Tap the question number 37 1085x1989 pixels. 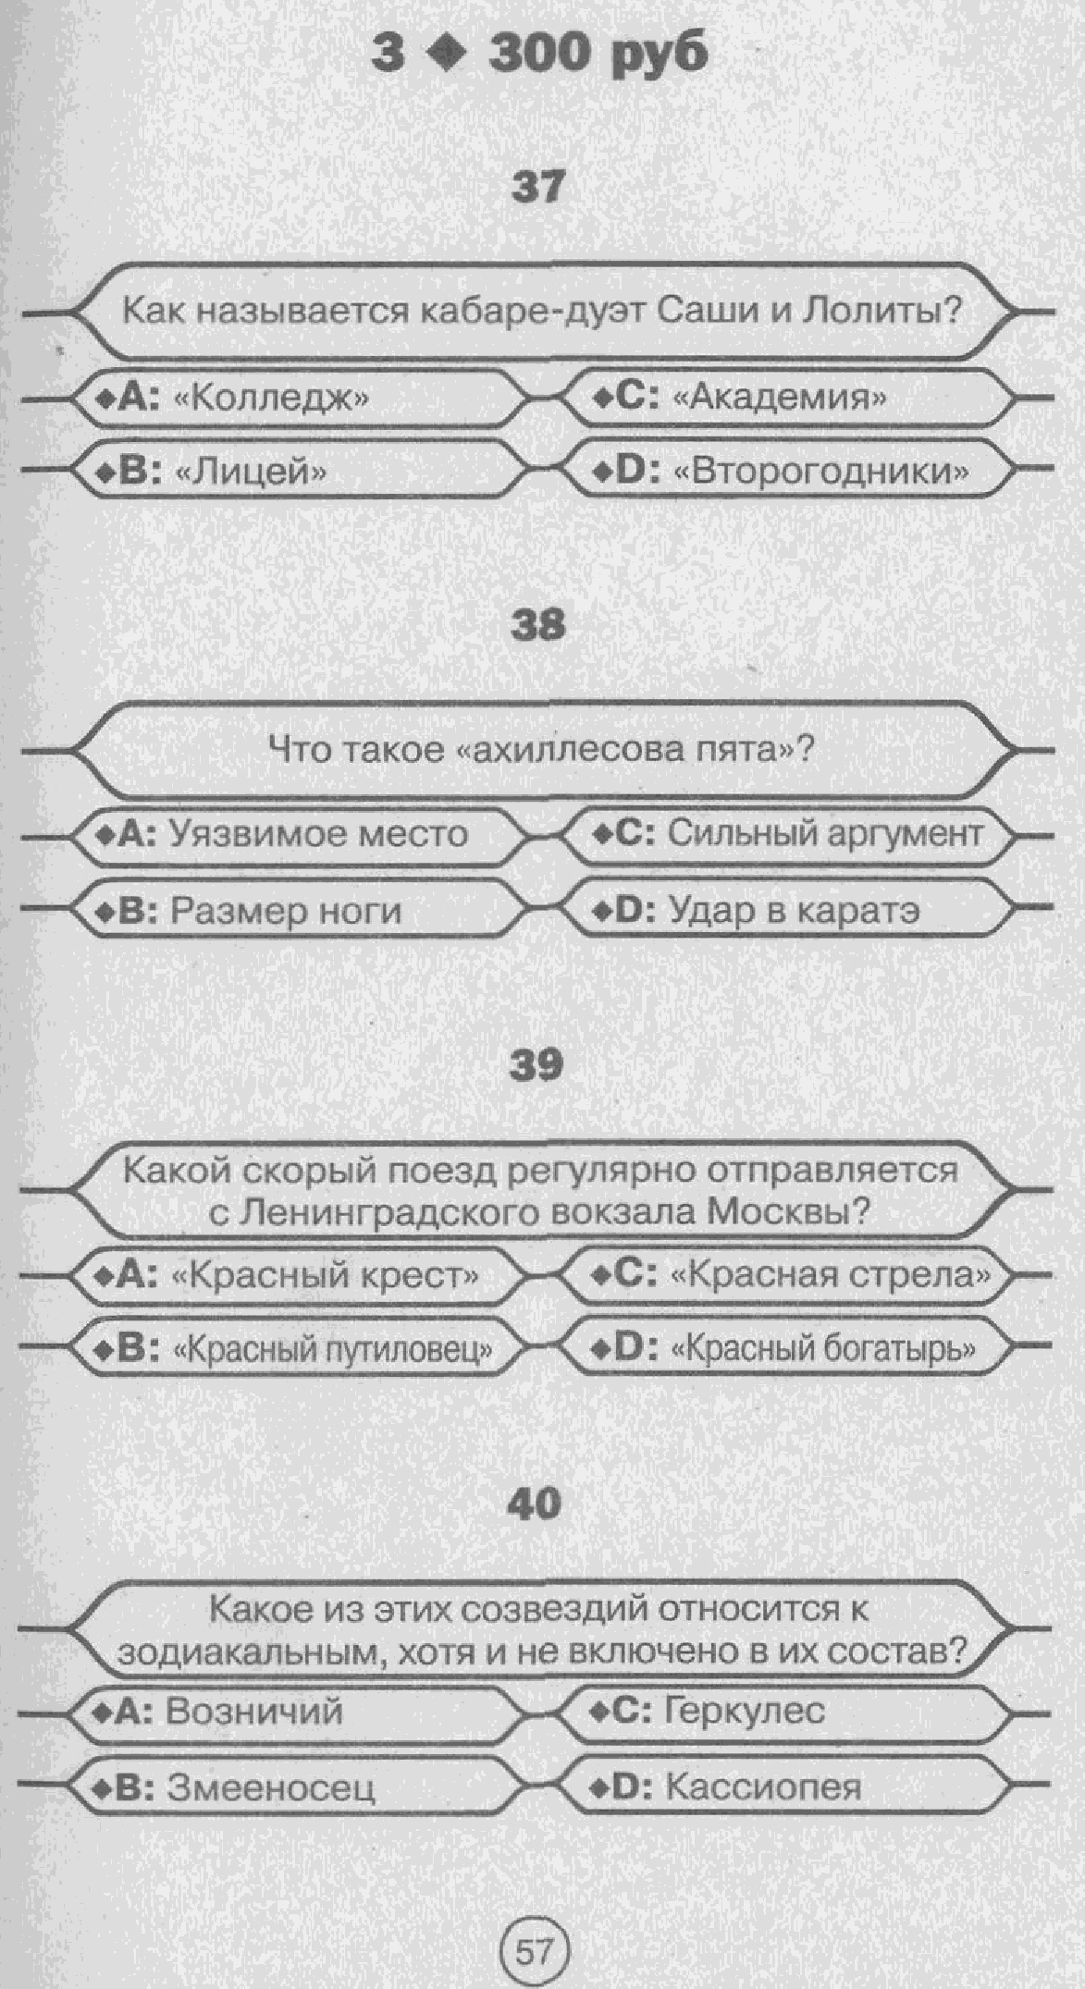pos(537,188)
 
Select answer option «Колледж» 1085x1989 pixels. pos(271,398)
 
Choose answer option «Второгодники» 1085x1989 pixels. pos(820,473)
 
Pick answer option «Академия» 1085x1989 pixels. pos(779,398)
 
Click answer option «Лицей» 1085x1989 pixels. pos(250,473)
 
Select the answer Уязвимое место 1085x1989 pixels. pos(318,835)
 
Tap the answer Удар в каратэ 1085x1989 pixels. pos(794,911)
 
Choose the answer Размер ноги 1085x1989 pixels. pos(286,912)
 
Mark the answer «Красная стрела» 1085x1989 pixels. pos(830,1275)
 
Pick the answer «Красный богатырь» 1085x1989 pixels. pos(821,1349)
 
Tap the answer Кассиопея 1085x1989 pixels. pos(762,1787)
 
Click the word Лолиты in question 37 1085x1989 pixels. pos(882,310)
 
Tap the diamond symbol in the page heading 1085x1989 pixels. pos(448,55)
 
